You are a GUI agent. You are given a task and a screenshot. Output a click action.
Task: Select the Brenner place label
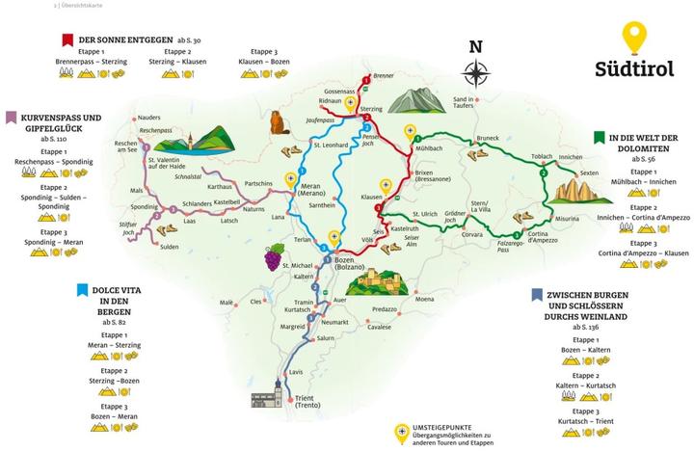384,75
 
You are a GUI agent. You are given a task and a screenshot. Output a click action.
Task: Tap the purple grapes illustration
275,256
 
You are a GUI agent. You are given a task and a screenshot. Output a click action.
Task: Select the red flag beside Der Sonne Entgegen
66,39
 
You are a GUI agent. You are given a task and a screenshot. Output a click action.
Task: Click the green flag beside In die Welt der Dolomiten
600,138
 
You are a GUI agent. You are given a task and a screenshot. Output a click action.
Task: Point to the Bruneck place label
486,138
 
